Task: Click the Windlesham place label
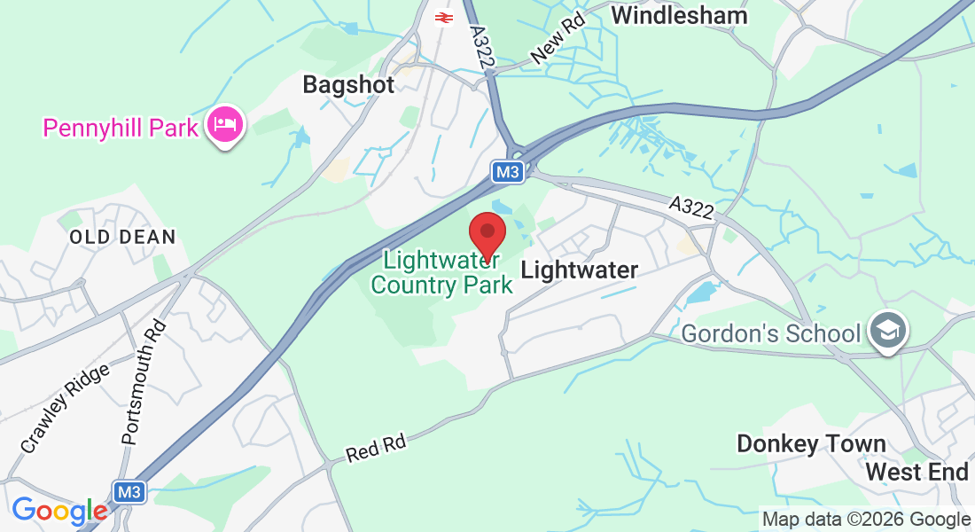[679, 15]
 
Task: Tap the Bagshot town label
[347, 84]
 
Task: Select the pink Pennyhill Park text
[121, 128]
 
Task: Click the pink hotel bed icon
[225, 125]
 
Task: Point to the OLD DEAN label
[123, 237]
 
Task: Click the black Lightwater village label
[579, 270]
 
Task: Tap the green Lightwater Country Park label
[441, 273]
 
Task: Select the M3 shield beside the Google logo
[129, 491]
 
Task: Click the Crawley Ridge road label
[66, 409]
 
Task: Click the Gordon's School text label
[771, 333]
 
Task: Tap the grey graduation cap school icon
[887, 330]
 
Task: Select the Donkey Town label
[811, 443]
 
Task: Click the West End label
[916, 472]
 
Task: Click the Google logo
[59, 512]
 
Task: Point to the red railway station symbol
[442, 17]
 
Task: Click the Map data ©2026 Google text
[867, 520]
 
